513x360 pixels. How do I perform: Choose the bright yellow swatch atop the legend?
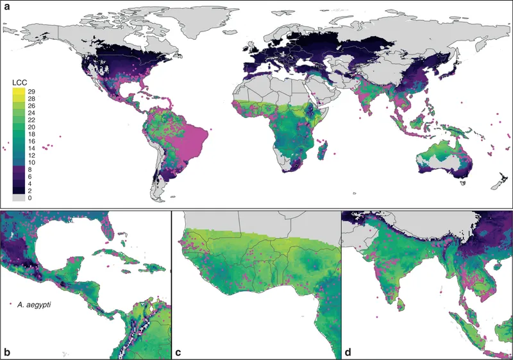18,92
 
